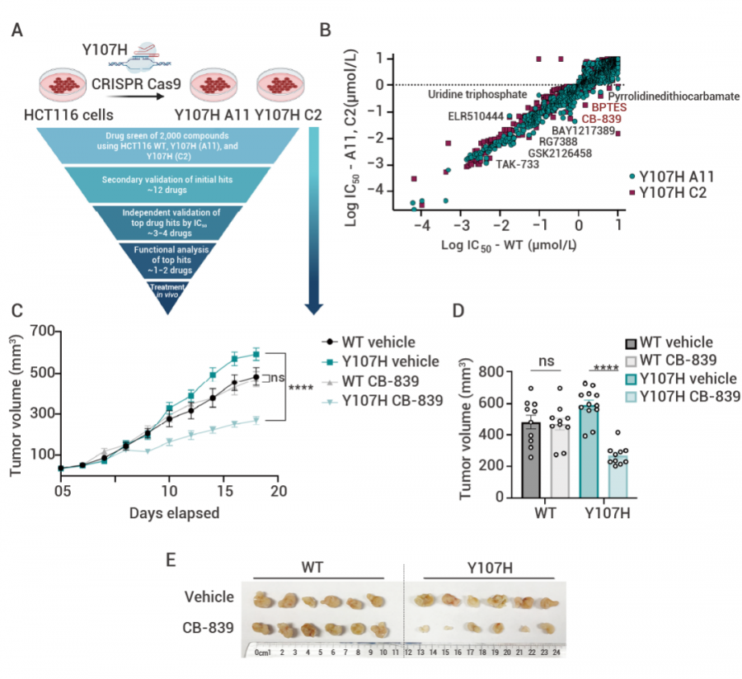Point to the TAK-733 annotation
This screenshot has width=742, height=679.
pyautogui.click(x=518, y=164)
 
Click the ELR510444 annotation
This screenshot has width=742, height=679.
pyautogui.click(x=476, y=116)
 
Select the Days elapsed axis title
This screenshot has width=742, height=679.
pyautogui.click(x=172, y=513)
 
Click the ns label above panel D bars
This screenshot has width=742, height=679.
pyautogui.click(x=545, y=361)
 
